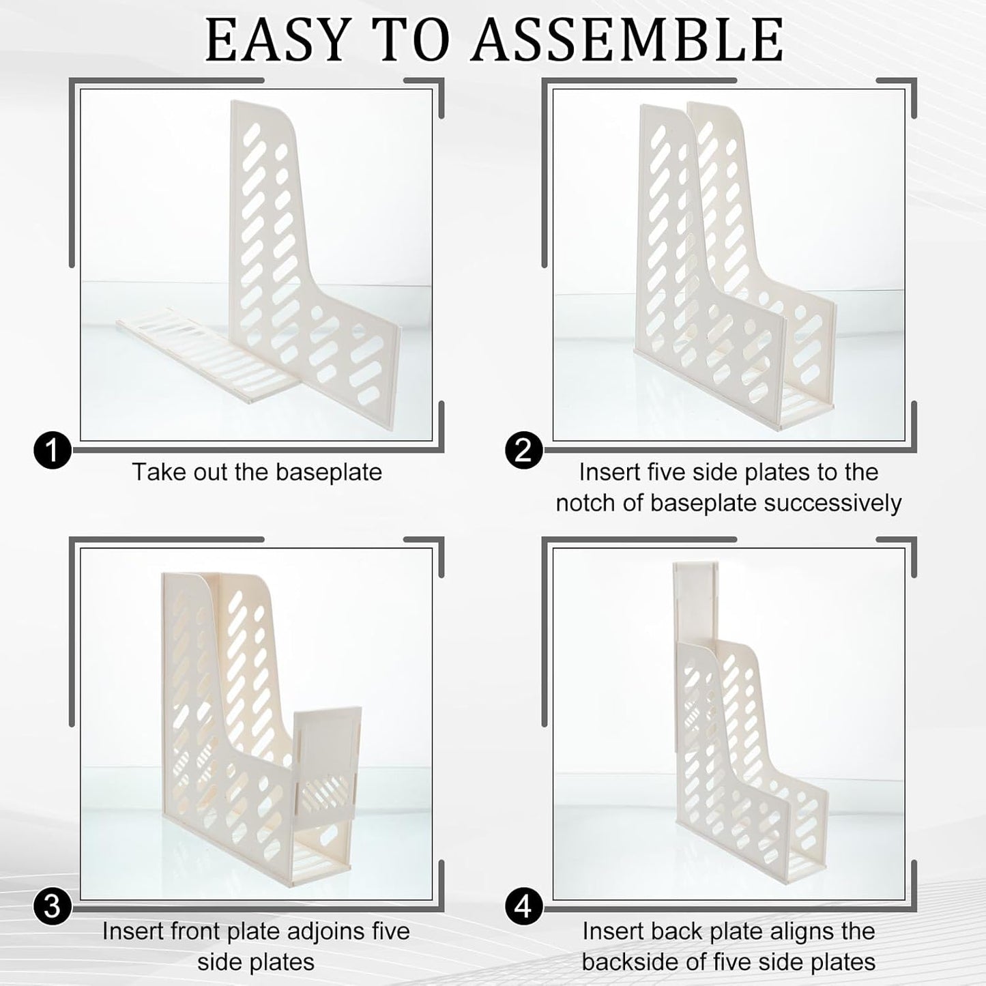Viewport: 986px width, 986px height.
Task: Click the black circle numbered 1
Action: (x=52, y=451)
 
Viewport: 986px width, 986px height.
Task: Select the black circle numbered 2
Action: (x=524, y=451)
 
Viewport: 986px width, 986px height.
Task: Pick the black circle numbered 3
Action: (x=52, y=908)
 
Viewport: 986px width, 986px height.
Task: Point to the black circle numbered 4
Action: (x=524, y=908)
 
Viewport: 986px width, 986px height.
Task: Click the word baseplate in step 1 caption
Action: (x=328, y=472)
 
